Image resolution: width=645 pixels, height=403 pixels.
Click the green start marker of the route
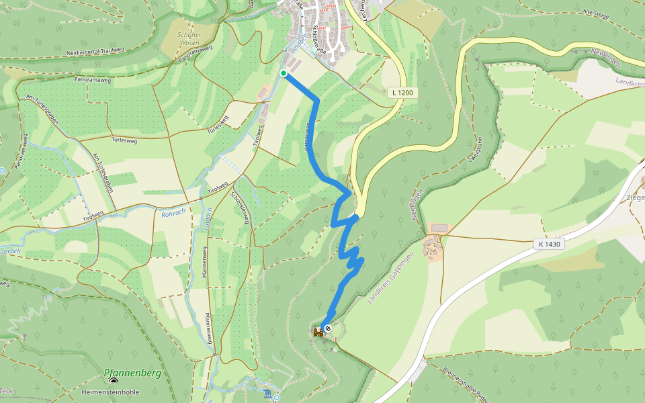coord(284,73)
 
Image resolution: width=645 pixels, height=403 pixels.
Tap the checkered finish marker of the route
coord(327,328)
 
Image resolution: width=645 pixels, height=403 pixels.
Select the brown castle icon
coord(318,332)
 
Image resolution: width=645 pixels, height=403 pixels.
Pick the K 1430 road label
coord(548,244)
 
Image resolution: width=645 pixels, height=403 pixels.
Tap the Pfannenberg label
coord(132,373)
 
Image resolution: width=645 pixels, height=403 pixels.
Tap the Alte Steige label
coord(596,12)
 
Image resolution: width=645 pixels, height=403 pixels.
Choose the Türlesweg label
coord(124,142)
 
